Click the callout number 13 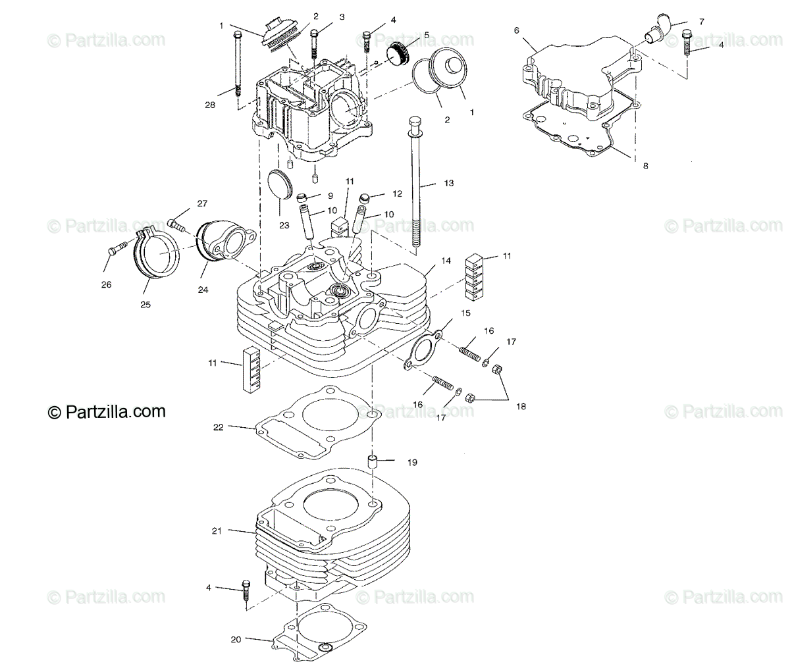pos(448,183)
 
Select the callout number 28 pos(210,105)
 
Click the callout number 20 pos(236,639)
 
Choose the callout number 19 pos(412,463)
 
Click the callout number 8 pos(645,166)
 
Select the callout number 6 pos(516,30)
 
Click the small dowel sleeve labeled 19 pos(372,461)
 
